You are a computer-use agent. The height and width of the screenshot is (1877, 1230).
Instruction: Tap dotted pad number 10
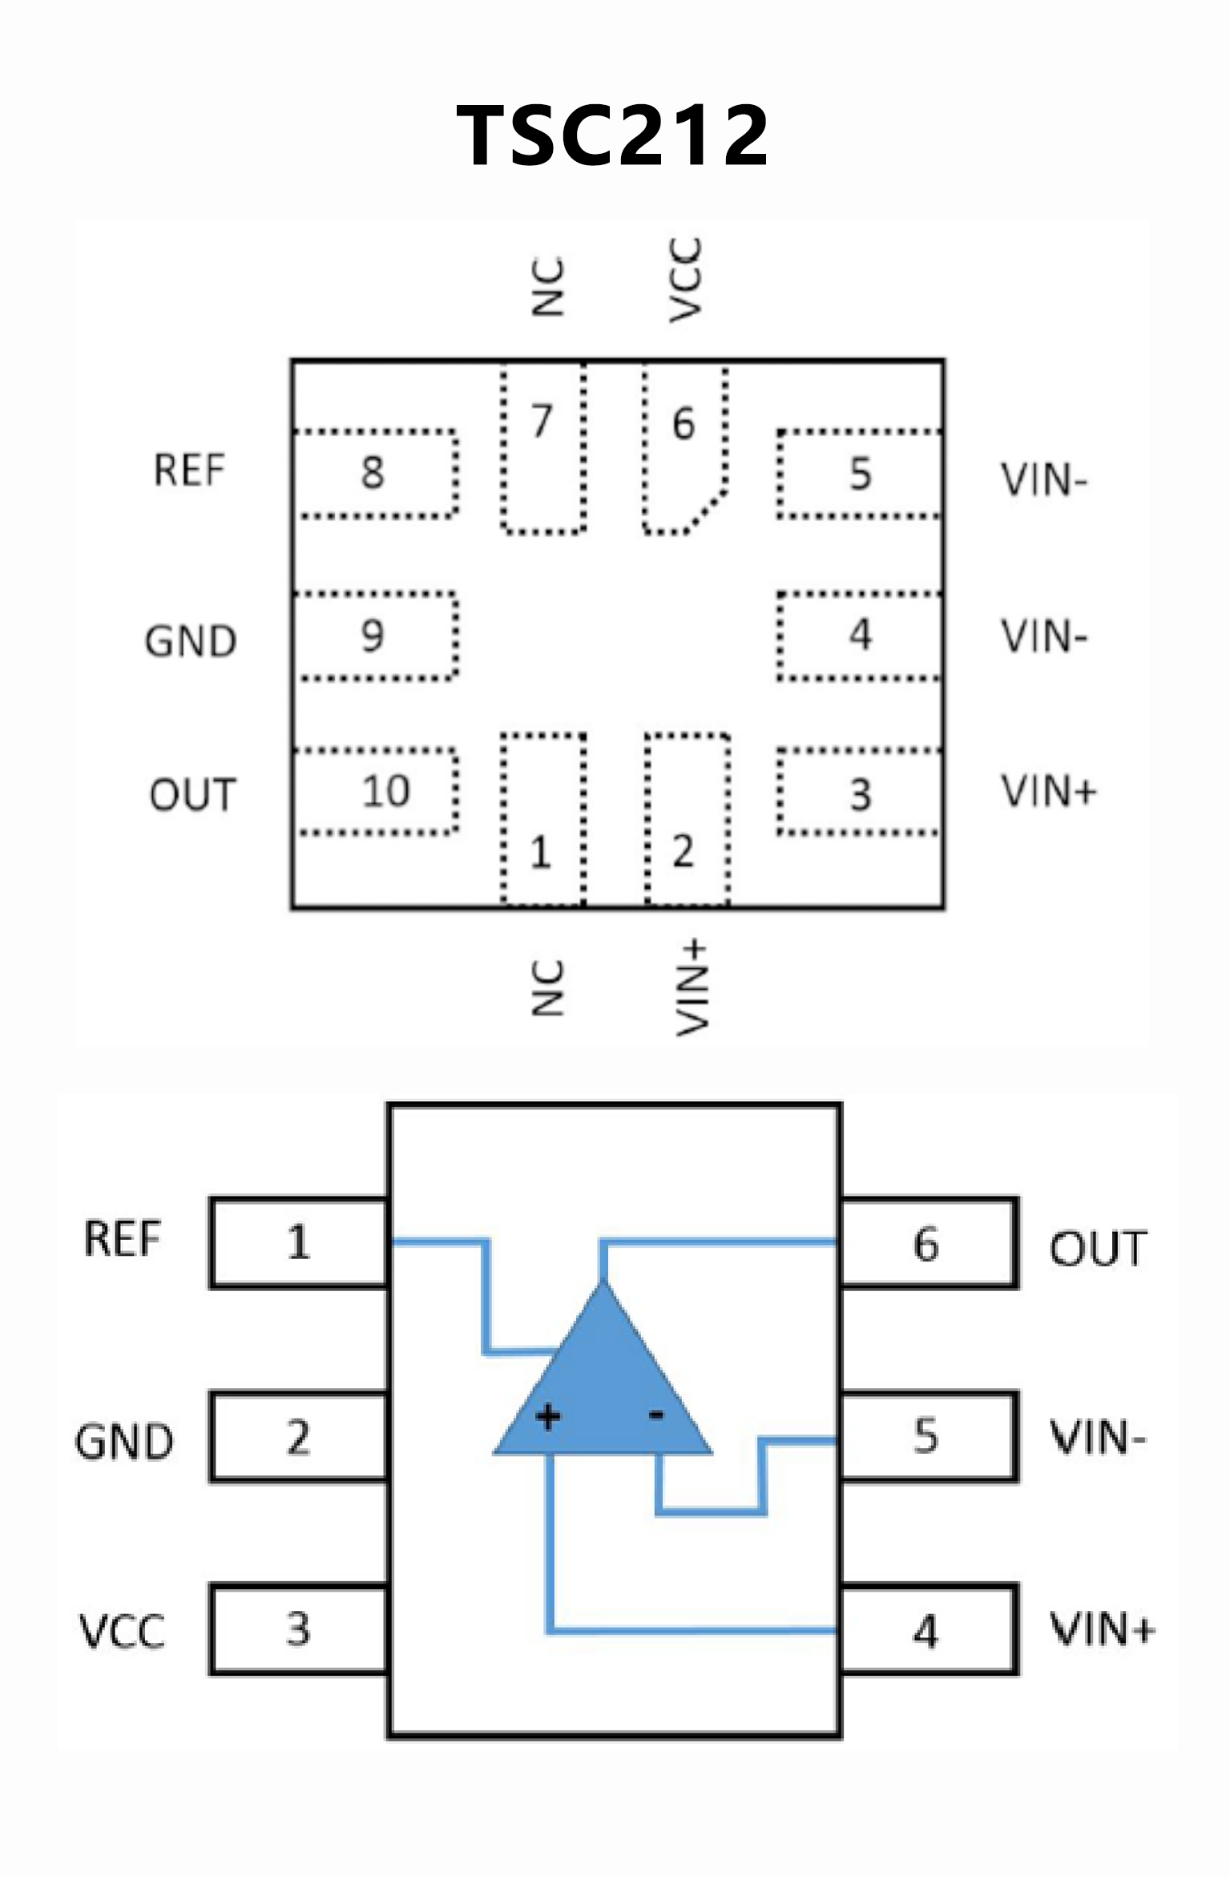377,792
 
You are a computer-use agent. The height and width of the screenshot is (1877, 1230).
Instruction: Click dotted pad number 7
543,449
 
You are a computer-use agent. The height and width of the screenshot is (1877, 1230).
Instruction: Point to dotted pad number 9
375,636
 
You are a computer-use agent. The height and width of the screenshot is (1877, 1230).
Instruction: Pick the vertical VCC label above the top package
686,280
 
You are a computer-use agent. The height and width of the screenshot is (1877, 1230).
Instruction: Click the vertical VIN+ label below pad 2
692,988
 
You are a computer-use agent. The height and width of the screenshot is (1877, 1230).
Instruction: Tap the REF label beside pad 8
189,470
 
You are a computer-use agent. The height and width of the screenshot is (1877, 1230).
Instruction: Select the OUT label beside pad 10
192,795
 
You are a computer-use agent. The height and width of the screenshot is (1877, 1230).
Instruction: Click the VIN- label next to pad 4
1044,636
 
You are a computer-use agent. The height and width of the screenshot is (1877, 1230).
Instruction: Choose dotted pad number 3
859,793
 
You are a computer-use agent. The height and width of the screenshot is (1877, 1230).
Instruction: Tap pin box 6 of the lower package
928,1244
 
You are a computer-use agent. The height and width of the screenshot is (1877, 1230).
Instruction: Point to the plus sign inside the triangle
548,1418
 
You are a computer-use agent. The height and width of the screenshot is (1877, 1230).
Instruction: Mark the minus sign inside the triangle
656,1416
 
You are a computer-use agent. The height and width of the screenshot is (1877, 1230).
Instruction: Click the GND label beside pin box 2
124,1441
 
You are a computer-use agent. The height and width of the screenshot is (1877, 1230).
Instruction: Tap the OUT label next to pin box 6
1099,1249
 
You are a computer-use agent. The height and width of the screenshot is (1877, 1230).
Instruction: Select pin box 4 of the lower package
928,1631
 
